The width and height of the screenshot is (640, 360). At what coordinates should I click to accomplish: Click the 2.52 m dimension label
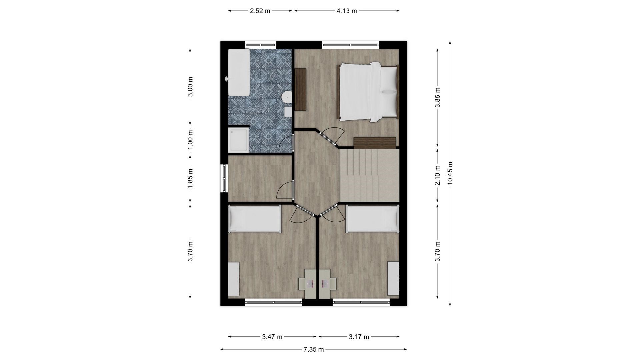260,11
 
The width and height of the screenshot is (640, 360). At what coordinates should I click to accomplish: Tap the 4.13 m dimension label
347,11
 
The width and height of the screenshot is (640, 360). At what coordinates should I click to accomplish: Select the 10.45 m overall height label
450,173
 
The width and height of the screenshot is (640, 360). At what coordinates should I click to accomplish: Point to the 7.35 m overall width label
313,349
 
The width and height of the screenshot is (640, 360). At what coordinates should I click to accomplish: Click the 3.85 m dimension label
438,97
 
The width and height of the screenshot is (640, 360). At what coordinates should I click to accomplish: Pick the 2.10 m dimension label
438,176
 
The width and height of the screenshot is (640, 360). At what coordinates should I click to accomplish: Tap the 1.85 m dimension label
190,178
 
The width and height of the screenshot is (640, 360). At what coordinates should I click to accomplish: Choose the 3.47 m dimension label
272,337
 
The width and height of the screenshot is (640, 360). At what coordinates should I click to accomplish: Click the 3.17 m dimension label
359,337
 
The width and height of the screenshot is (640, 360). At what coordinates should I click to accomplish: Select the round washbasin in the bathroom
287,97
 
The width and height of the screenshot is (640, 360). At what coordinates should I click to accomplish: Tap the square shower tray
238,140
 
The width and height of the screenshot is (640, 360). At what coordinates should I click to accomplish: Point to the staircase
369,175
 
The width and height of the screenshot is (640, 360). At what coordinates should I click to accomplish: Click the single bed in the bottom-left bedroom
254,218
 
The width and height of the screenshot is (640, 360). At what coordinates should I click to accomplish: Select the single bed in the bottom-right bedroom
372,218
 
